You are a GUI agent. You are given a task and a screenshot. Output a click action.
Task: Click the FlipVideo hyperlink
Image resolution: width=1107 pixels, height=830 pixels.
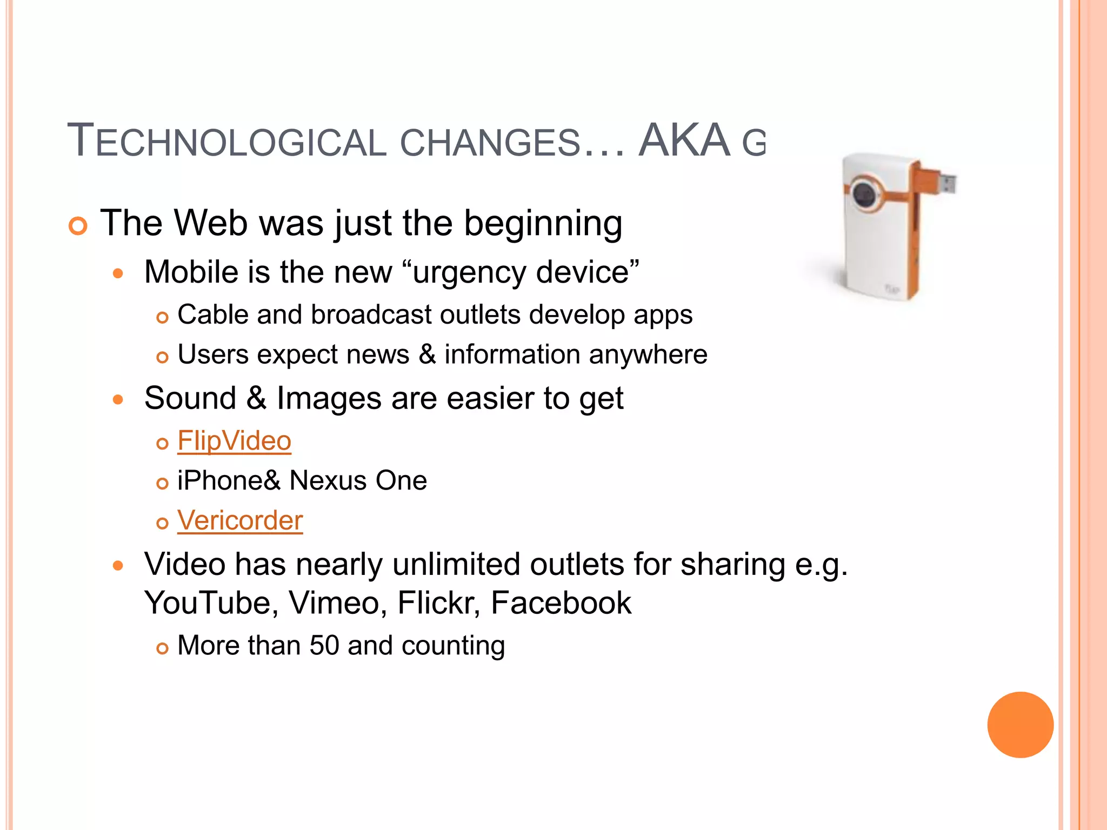[234, 441]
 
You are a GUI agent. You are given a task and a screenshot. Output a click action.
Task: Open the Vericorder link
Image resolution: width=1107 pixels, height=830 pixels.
[240, 520]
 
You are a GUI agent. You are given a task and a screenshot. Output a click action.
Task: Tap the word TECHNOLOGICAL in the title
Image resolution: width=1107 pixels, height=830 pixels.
[227, 142]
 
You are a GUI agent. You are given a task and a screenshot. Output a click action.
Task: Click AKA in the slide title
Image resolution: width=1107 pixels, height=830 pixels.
[684, 140]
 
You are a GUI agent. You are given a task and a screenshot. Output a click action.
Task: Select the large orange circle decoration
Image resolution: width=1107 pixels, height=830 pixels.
[1020, 725]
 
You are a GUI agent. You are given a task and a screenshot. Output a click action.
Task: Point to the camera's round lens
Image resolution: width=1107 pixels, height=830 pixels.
[864, 194]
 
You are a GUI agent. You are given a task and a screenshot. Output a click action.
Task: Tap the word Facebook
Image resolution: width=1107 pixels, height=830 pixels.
[561, 603]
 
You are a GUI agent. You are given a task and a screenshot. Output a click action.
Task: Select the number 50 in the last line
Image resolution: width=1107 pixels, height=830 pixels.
[324, 645]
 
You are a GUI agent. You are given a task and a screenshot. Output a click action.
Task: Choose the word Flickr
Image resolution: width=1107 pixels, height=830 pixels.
[438, 603]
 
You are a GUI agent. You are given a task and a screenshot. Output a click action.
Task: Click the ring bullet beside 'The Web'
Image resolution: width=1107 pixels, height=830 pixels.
[78, 226]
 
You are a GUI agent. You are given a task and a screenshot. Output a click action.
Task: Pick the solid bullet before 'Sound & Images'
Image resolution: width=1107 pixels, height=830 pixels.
[118, 400]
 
